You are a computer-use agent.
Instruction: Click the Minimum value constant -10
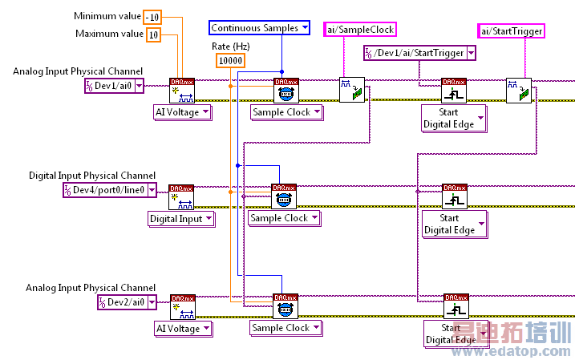click(152, 17)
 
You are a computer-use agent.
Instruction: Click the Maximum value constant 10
click(152, 34)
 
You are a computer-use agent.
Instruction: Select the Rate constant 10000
click(230, 60)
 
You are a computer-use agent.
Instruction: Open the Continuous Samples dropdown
click(260, 28)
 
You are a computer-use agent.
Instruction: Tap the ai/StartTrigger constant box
click(511, 31)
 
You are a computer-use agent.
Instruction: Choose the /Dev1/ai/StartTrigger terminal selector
click(415, 53)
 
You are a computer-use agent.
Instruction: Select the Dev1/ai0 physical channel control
click(115, 86)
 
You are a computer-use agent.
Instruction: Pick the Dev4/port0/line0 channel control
click(105, 190)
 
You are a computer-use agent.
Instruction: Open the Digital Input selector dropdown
click(181, 218)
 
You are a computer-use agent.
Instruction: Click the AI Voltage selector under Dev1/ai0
click(183, 112)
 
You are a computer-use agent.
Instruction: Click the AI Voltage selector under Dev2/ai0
click(183, 328)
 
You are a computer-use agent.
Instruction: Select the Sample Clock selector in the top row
click(286, 112)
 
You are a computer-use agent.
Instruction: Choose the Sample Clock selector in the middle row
click(284, 217)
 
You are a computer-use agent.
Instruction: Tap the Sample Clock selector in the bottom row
click(286, 327)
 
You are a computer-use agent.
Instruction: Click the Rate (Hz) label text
click(230, 47)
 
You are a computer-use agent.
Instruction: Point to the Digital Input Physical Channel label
click(92, 176)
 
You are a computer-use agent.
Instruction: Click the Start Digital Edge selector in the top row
click(454, 118)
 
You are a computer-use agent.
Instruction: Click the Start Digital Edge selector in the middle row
click(454, 224)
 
